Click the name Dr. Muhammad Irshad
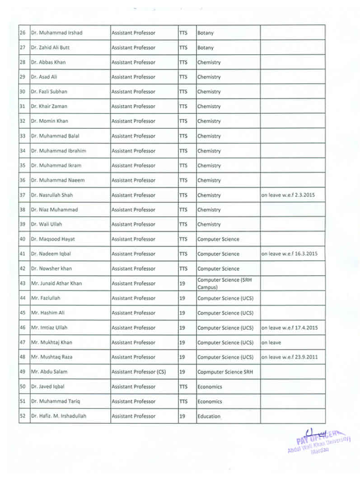(x=56, y=33)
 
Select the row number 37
(x=23, y=195)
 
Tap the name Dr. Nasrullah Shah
(x=51, y=195)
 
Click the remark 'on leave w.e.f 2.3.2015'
(x=288, y=195)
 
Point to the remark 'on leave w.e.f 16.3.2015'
(x=289, y=254)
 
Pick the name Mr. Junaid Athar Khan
(x=56, y=283)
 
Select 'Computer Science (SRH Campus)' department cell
(x=224, y=283)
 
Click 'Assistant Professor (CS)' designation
(x=139, y=372)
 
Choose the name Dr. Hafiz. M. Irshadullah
(x=58, y=416)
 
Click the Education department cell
(x=209, y=416)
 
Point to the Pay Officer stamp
(x=319, y=443)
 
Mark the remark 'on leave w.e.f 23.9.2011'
(x=289, y=357)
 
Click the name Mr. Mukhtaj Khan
(x=51, y=342)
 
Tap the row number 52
(x=23, y=416)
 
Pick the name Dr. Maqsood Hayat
(x=51, y=239)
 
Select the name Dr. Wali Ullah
(x=47, y=225)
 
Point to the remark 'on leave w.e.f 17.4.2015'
(x=289, y=328)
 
